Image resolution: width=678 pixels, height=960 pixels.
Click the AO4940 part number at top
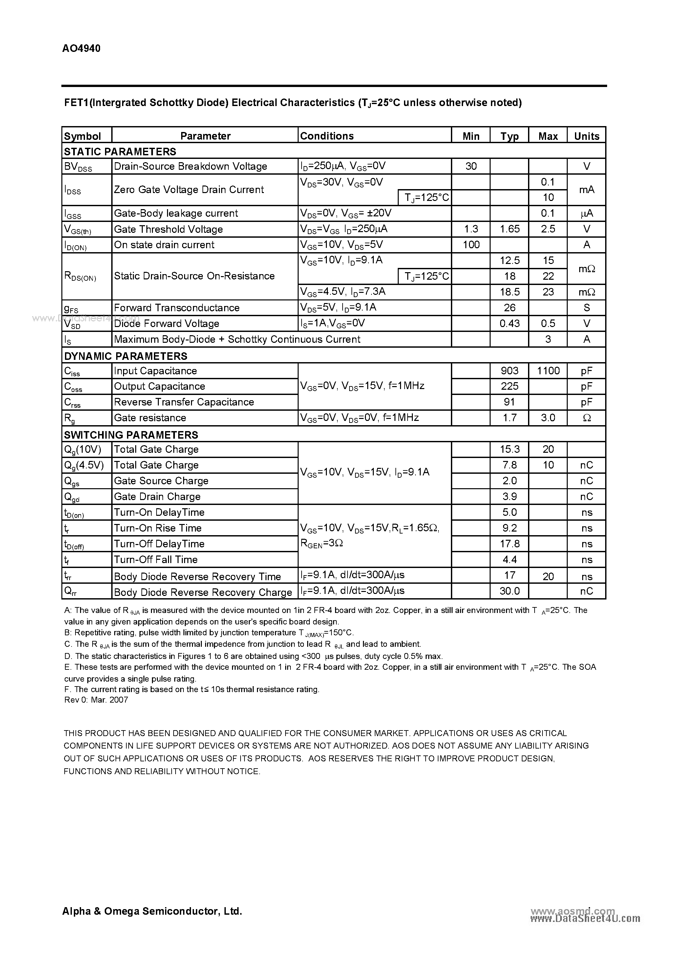click(x=81, y=49)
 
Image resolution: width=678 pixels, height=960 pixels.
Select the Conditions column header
click(x=327, y=136)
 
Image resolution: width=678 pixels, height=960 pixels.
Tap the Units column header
click(x=586, y=136)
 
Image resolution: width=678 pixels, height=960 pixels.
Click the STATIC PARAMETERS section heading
click(x=120, y=151)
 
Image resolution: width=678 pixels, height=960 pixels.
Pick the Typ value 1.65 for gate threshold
click(x=510, y=229)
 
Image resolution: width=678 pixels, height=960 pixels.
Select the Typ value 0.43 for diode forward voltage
click(x=510, y=323)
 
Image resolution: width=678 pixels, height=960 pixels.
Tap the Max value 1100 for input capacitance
click(x=548, y=370)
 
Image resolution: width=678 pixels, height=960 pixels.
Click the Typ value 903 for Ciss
click(x=510, y=370)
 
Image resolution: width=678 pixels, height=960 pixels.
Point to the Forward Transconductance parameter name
click(x=177, y=308)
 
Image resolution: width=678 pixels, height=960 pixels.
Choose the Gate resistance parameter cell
click(x=150, y=418)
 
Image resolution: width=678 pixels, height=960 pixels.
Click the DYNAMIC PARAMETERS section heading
click(x=125, y=356)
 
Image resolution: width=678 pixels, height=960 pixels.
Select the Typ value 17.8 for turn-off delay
click(x=510, y=544)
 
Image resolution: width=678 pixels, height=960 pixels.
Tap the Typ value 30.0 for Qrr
click(x=510, y=591)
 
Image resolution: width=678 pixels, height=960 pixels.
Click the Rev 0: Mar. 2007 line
click(x=96, y=700)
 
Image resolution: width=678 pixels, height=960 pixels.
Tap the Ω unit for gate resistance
click(x=586, y=418)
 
